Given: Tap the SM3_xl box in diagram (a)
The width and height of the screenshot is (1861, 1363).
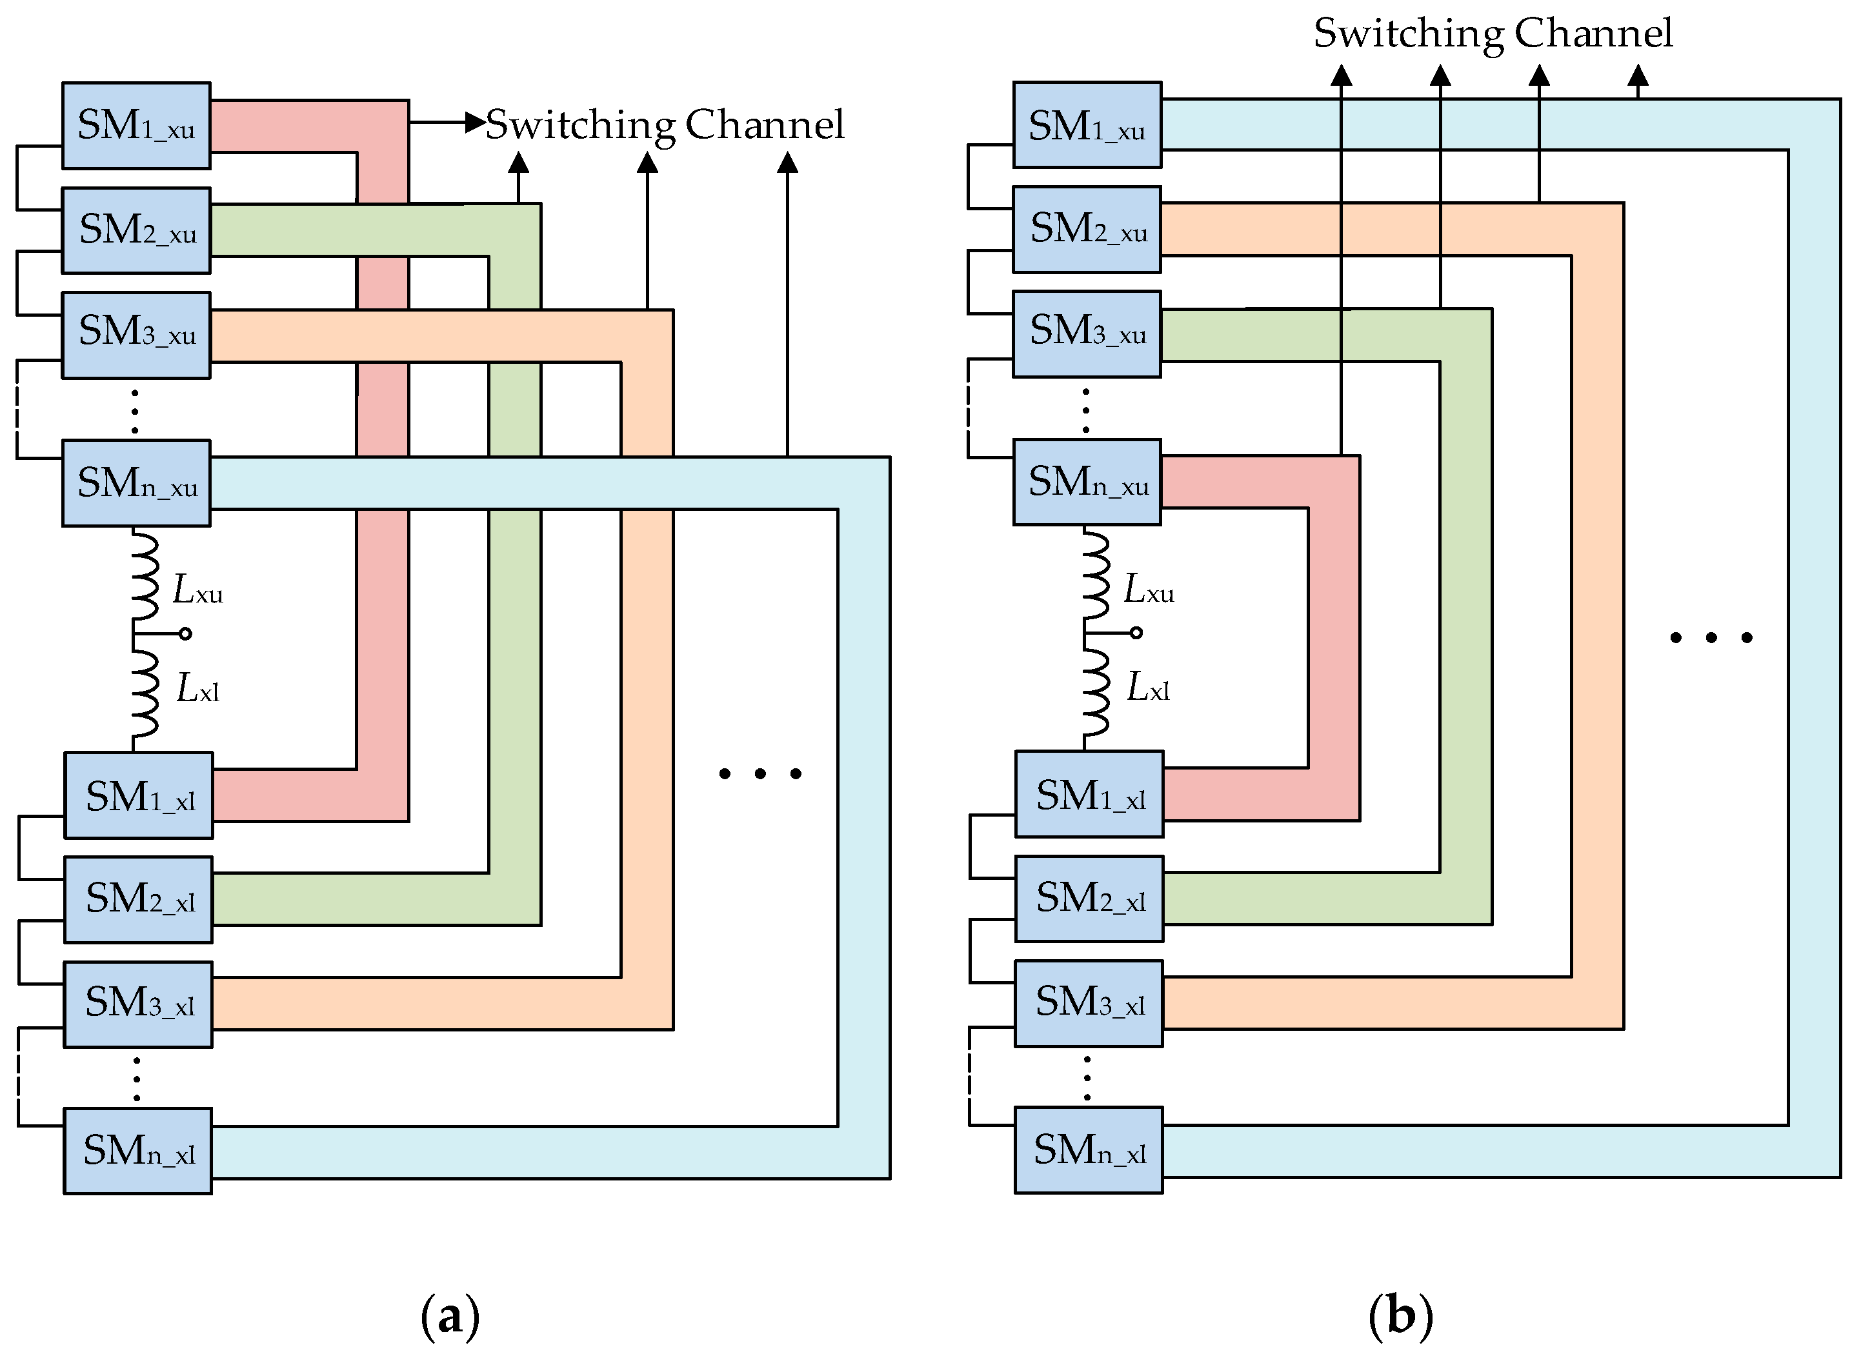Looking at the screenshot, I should (x=139, y=1004).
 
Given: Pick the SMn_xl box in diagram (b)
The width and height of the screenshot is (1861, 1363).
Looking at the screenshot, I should (x=1089, y=1150).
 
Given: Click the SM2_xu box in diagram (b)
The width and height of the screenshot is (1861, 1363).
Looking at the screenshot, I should (x=1087, y=230).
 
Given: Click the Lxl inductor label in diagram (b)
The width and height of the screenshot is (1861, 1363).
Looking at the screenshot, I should (x=1148, y=687).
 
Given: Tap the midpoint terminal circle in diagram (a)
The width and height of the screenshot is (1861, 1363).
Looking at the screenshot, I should (x=186, y=633).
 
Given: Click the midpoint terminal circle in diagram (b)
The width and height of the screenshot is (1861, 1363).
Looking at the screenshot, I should (x=1136, y=633).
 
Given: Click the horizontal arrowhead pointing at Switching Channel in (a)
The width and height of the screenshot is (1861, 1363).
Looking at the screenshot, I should (x=476, y=123).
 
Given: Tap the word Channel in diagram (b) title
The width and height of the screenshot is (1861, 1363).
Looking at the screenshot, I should (x=1593, y=33).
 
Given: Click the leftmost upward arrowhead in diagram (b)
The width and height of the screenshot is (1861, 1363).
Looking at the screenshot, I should (x=1342, y=76).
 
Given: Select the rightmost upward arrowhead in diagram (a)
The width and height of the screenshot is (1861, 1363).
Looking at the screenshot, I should (x=788, y=163).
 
